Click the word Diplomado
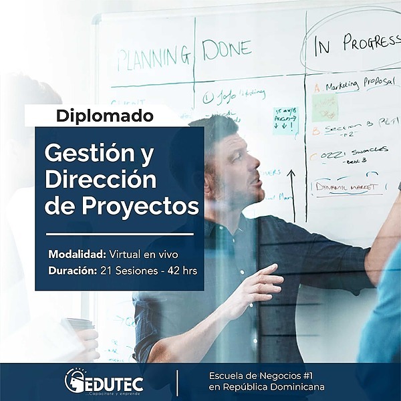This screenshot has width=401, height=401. (x=105, y=115)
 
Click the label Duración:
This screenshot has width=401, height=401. (x=72, y=271)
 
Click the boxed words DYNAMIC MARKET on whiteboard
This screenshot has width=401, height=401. (x=346, y=185)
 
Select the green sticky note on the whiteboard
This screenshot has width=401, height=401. (x=325, y=107)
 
